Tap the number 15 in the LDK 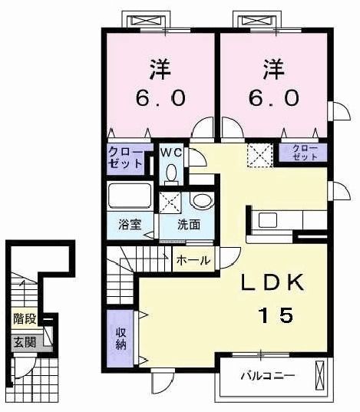275,315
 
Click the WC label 170,153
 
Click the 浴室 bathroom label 129,226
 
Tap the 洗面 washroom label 189,226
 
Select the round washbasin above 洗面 200,201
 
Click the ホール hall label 193,261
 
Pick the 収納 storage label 121,337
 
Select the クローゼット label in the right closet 306,152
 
